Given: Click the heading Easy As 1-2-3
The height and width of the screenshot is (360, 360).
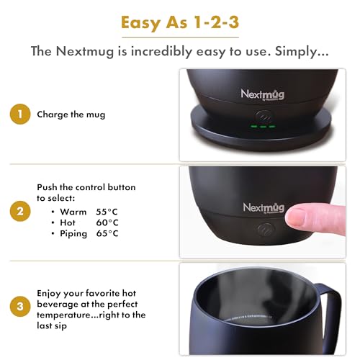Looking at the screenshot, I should click(179, 23).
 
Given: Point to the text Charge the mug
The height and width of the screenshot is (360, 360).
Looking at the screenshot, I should click(70, 113).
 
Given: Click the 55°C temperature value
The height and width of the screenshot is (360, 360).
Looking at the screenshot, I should click(107, 211).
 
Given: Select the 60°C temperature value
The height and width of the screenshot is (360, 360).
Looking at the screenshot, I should click(107, 222).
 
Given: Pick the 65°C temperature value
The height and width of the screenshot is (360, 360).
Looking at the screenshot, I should click(107, 233).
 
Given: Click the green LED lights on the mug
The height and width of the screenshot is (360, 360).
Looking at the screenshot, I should click(262, 126).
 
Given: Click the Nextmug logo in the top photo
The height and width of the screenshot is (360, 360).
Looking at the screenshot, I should click(261, 94).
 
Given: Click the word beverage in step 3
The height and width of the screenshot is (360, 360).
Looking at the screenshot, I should click(60, 304).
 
